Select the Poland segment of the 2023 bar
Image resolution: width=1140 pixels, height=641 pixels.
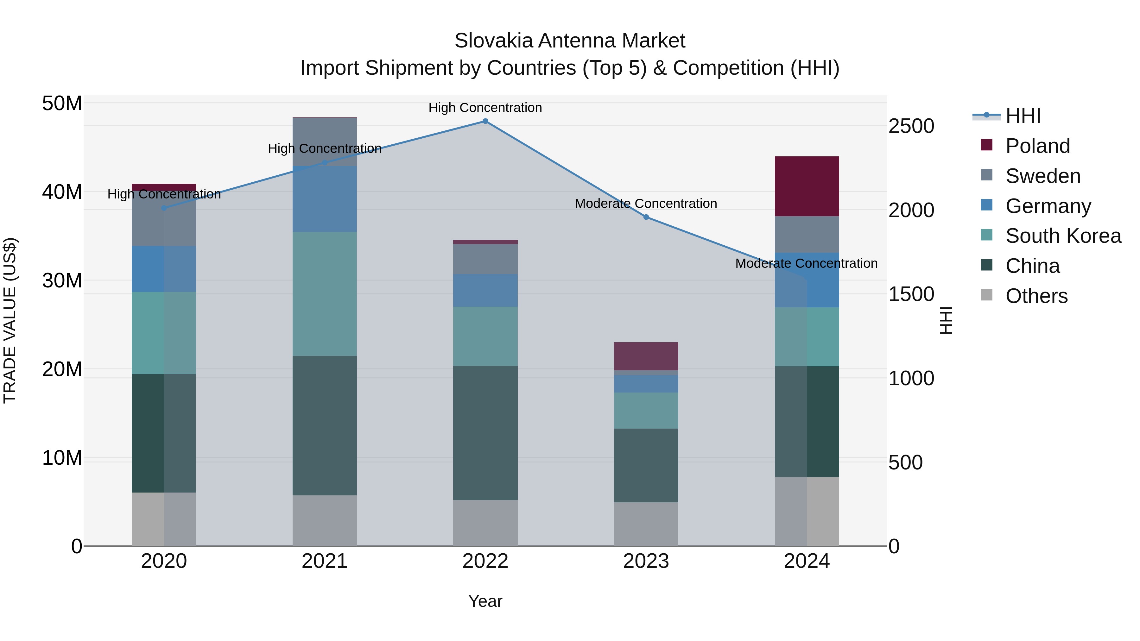(646, 356)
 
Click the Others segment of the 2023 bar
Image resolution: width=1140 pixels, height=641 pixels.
(646, 524)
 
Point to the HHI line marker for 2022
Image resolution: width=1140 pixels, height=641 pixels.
(485, 121)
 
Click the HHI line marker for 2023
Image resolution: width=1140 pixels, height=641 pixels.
(646, 217)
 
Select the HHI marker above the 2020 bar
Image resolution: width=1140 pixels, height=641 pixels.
(164, 208)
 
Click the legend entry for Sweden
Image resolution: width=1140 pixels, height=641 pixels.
(1043, 176)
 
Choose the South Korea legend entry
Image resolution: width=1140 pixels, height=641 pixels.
(1063, 236)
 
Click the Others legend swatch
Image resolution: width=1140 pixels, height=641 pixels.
(986, 295)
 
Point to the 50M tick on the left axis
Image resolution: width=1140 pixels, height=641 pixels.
(62, 104)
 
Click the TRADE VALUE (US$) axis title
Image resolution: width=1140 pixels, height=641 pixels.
(10, 320)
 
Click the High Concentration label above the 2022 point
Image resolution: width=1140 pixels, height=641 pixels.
(485, 108)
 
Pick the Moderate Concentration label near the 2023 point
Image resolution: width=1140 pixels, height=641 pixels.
(646, 204)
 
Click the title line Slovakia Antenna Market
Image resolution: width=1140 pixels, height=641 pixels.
(570, 41)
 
